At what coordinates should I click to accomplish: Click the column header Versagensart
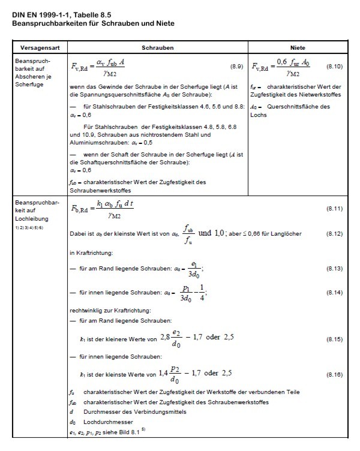[39, 46]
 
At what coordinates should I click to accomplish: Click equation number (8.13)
[334, 268]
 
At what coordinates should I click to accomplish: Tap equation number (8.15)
[334, 339]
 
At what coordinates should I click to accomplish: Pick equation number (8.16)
[334, 374]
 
